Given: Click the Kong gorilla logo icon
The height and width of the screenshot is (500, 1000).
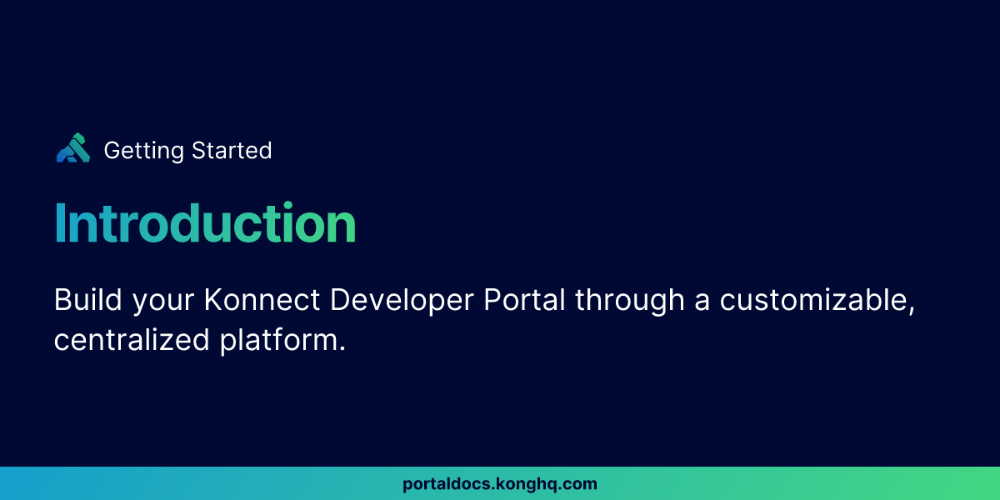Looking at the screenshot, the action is [73, 147].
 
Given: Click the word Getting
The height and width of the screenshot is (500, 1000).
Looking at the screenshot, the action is [143, 151].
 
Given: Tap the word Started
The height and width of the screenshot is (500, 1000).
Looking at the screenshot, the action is [232, 151].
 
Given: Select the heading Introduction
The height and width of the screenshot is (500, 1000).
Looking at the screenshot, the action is [205, 222].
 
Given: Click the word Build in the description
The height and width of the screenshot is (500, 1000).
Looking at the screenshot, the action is [88, 299].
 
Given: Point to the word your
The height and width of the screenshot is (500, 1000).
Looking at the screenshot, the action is [163, 302].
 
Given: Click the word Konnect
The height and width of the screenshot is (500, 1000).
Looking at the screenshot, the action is [262, 299].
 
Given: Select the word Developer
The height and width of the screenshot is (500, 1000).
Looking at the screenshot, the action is [402, 302].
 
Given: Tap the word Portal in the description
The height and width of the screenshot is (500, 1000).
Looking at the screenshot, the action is [524, 299].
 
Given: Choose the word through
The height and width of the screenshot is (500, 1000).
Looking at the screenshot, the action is [629, 302].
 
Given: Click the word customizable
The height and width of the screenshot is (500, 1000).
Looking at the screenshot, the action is [813, 299].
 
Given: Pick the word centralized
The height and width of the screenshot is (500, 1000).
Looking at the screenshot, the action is [132, 339].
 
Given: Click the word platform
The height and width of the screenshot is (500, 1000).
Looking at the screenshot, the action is [279, 342].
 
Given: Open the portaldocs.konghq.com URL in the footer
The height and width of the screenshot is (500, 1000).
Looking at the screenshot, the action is [500, 484].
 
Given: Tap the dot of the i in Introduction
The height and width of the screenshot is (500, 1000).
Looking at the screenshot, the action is [287, 206].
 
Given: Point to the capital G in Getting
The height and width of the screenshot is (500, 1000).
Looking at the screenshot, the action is [113, 151].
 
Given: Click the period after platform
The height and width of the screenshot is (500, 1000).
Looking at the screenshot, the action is [342, 348].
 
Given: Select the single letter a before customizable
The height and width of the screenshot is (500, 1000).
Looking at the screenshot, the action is [702, 302].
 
